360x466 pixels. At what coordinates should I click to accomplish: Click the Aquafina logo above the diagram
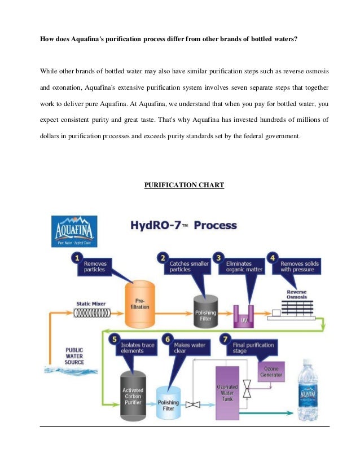click(74, 231)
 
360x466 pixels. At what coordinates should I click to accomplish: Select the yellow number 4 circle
click(273, 258)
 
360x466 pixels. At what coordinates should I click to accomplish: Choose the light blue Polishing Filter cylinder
click(169, 402)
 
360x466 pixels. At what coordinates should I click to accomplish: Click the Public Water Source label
click(74, 356)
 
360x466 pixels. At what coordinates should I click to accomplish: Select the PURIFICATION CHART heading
click(185, 186)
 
